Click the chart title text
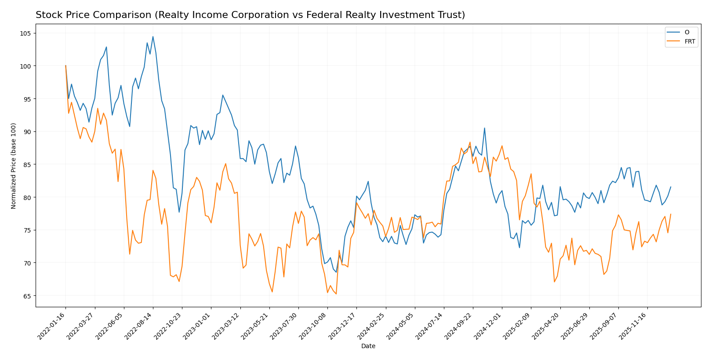250,15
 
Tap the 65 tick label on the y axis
27,296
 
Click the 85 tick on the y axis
27,164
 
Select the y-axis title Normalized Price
14,166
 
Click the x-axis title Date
368,346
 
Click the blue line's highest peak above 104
153,36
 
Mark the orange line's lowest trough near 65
336,294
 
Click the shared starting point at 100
65,66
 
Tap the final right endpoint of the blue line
671,187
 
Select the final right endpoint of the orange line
671,214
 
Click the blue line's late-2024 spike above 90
484,128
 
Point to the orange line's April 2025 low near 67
554,282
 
